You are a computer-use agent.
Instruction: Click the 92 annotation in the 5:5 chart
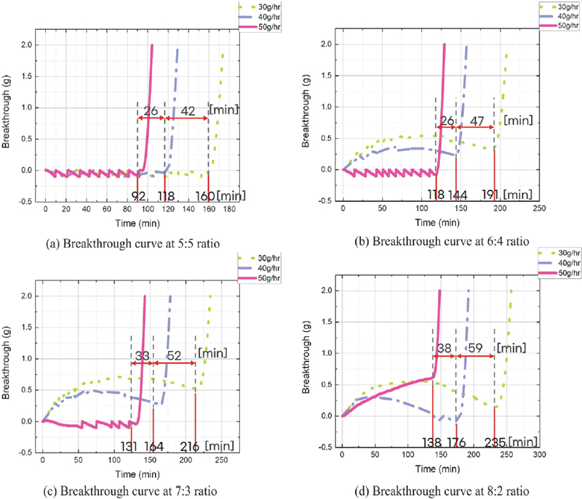click(x=139, y=196)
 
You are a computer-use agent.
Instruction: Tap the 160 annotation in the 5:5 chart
click(x=204, y=196)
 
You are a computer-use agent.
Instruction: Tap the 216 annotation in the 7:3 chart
click(x=188, y=446)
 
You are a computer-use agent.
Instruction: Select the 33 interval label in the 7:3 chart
click(x=142, y=357)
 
